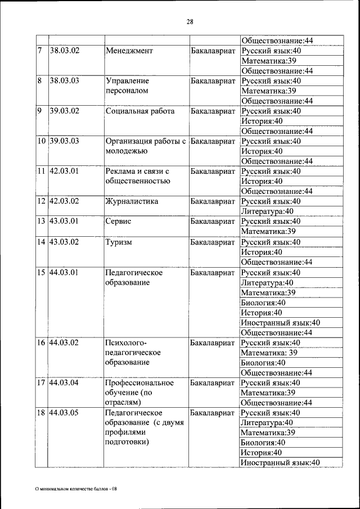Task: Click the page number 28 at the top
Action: pos(190,22)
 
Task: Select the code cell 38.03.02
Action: pos(64,50)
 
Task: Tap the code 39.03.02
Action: pos(64,111)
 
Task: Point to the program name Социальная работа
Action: pos(139,111)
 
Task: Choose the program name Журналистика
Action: pos(132,201)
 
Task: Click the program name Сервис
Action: pos(118,222)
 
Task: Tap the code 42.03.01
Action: pos(64,171)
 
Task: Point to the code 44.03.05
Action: pos(64,413)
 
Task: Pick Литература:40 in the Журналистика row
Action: pos(267,211)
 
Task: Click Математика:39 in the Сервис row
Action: pos(268,232)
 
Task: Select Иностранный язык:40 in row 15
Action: pos(280,323)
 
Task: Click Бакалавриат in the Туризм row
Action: pos(213,242)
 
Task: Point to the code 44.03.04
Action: pos(64,382)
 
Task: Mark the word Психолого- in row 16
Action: pos(125,343)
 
